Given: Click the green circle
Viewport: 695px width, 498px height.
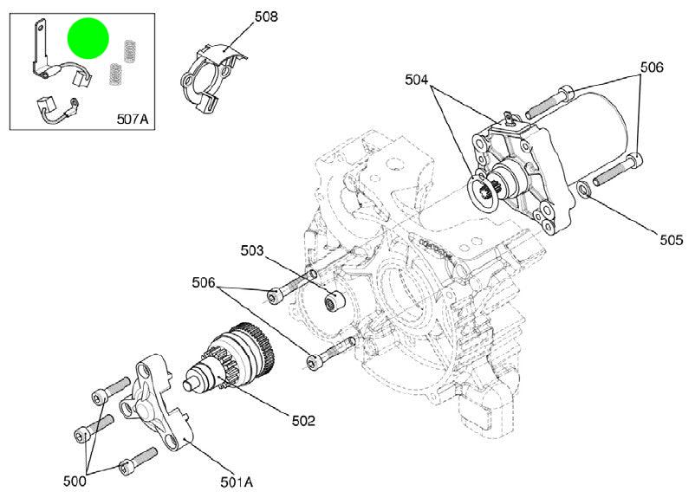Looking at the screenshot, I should click(x=88, y=39).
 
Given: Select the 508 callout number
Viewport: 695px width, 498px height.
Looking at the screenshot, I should click(x=265, y=16).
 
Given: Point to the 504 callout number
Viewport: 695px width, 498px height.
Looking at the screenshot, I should click(x=416, y=81).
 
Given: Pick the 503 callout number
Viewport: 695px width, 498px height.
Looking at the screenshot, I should click(x=252, y=251).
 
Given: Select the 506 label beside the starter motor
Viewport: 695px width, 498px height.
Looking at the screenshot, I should click(x=651, y=67).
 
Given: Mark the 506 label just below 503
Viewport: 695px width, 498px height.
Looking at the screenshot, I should click(x=204, y=281).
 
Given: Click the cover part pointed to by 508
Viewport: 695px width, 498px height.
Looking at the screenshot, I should click(x=210, y=79).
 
